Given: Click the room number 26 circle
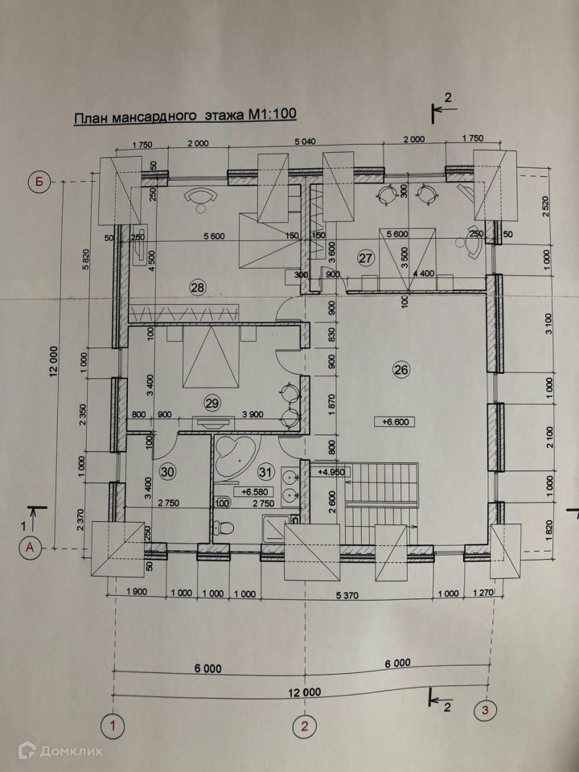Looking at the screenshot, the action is tap(401, 369).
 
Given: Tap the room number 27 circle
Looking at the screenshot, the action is tap(367, 258).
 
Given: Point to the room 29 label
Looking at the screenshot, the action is tap(212, 404).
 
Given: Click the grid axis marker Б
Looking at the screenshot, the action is tap(38, 181).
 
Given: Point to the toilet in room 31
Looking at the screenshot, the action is tap(226, 527).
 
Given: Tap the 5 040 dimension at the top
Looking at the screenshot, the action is tap(306, 142).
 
